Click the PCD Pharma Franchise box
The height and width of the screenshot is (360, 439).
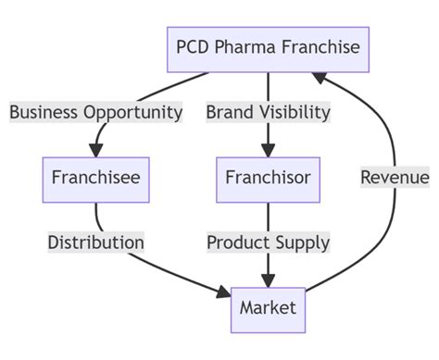pos(268,48)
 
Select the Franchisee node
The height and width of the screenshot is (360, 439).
pos(96,179)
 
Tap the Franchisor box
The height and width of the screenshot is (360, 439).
pos(269,179)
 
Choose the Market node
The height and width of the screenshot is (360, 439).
pos(269,308)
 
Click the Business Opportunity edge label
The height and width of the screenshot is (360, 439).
pos(96,113)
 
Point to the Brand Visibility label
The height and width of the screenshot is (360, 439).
pos(269,113)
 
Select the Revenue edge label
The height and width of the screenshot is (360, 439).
pos(395,178)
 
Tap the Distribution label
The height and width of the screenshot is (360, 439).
pos(96,242)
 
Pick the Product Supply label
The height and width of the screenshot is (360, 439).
pos(269,242)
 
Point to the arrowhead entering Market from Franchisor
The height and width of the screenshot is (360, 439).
pos(269,279)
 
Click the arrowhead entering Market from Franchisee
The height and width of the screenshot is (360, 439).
pos(223,293)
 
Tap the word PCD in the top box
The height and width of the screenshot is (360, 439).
pos(195,48)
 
